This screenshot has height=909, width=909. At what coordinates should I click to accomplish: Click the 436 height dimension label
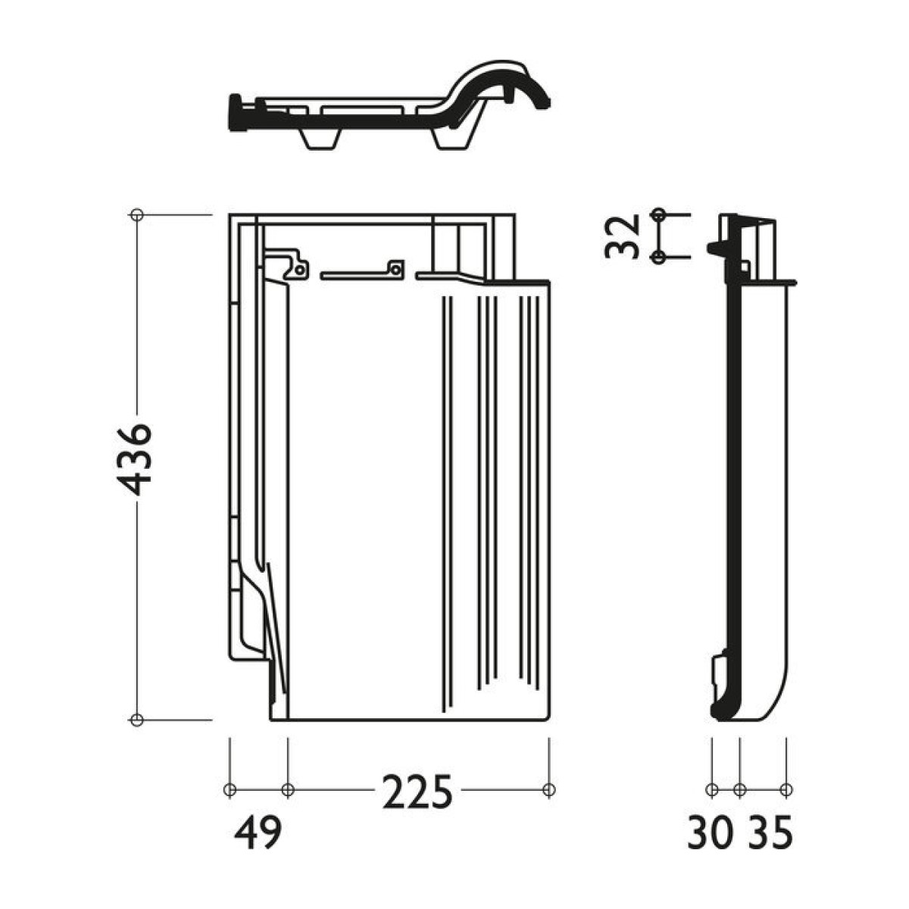click(x=134, y=460)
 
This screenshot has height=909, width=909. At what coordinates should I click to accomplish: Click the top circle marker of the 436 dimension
click(x=137, y=214)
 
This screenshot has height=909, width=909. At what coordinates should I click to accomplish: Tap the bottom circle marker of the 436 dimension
click(x=137, y=720)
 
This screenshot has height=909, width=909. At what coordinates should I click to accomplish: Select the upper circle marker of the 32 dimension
click(x=659, y=214)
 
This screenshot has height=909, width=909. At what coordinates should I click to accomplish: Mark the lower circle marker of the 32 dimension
click(x=659, y=257)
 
